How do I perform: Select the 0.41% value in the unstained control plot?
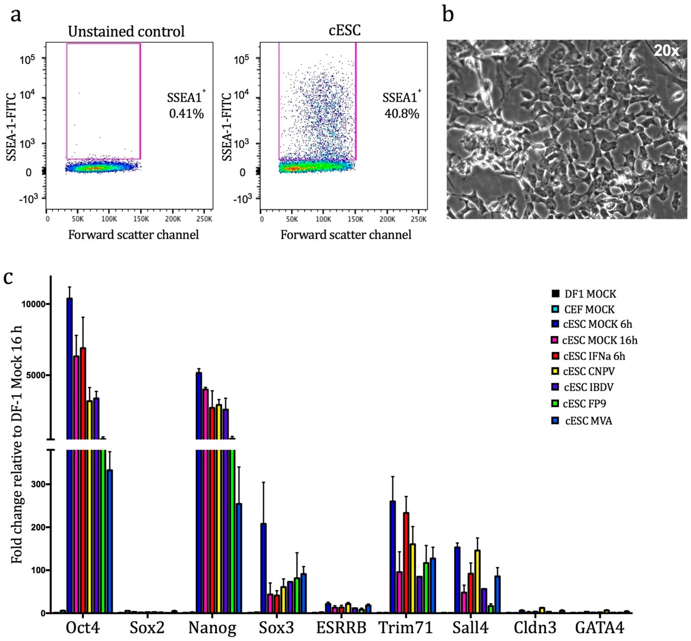click(186, 114)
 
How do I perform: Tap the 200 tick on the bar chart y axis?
click(38, 527)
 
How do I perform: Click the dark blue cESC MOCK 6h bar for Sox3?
click(264, 569)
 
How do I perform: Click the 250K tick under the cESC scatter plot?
click(418, 219)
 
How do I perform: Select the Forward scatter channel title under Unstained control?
click(133, 235)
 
